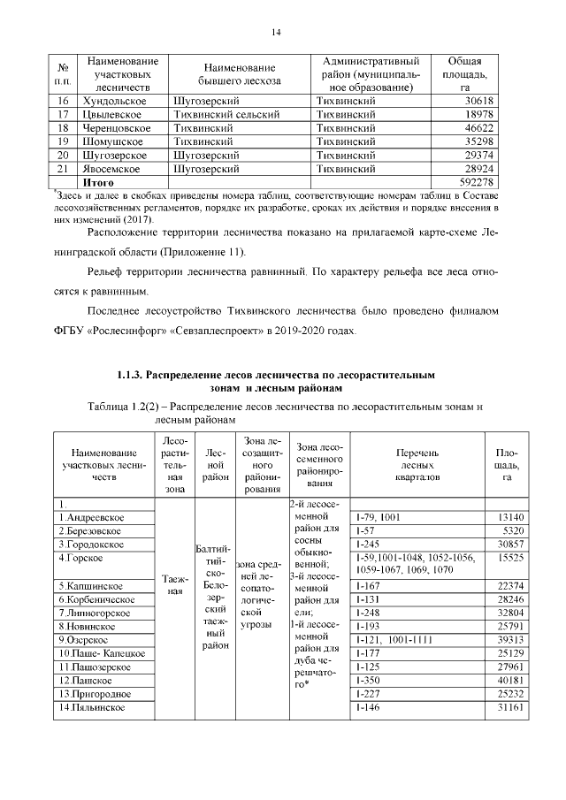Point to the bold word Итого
click(x=98, y=181)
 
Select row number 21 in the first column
click(x=63, y=168)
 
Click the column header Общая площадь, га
click(x=464, y=74)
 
